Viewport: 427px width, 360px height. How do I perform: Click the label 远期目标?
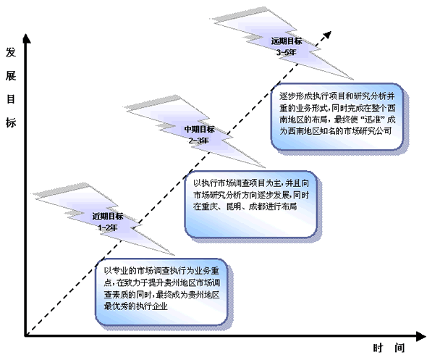pos(287,41)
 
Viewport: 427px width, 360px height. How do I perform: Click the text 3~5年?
pos(286,52)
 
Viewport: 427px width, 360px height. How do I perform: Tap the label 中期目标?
pos(199,129)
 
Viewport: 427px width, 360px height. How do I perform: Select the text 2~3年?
pos(199,141)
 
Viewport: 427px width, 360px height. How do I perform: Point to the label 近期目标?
pos(108,217)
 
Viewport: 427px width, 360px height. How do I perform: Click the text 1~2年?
pos(108,227)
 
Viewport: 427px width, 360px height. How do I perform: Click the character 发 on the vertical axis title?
pos(11,52)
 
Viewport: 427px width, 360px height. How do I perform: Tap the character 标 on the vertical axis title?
pos(11,123)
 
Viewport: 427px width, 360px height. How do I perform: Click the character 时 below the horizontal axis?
pos(378,348)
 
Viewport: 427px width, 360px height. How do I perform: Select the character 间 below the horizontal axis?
pos(399,348)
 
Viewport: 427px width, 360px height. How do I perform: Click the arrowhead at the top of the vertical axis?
pos(26,38)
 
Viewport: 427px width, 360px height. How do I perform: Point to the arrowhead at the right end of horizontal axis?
pos(420,336)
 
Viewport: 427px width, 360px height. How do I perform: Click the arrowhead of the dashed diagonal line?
pos(328,35)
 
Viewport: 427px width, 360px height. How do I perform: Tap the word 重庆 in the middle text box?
pos(209,206)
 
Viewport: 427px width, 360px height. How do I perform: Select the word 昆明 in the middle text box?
pos(234,206)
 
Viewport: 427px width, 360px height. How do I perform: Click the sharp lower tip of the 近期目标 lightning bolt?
pos(174,256)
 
